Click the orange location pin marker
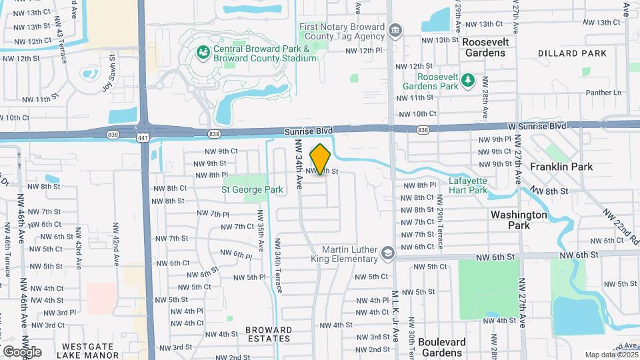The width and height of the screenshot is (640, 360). (x=321, y=159)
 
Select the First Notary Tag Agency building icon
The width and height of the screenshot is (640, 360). (x=395, y=30)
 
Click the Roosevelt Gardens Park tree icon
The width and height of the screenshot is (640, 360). (x=468, y=80)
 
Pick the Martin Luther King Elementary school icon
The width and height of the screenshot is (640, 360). (x=387, y=253)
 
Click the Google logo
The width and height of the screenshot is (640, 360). (x=22, y=351)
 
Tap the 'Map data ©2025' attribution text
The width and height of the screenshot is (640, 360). (x=610, y=355)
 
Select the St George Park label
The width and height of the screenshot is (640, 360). (x=252, y=189)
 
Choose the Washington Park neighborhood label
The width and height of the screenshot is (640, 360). (x=519, y=220)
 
